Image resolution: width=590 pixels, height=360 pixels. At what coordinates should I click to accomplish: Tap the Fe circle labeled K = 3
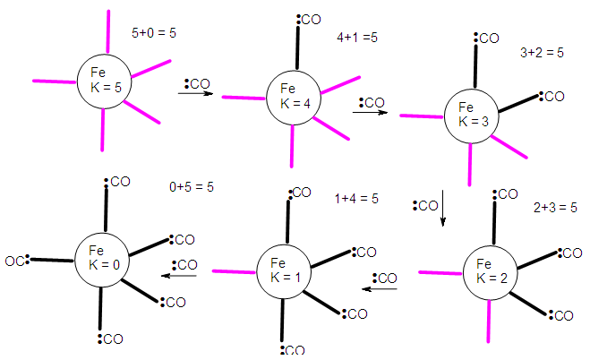472,115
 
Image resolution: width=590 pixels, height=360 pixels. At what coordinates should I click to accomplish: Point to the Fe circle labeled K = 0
103,261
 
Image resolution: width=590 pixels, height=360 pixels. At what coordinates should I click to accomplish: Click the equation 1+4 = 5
357,198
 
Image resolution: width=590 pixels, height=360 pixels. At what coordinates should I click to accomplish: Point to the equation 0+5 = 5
192,187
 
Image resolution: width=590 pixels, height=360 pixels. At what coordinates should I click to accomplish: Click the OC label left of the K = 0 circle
16,261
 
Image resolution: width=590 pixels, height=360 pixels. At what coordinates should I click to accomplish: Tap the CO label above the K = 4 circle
309,18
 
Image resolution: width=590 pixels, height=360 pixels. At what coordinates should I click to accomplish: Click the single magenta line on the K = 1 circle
234,270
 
